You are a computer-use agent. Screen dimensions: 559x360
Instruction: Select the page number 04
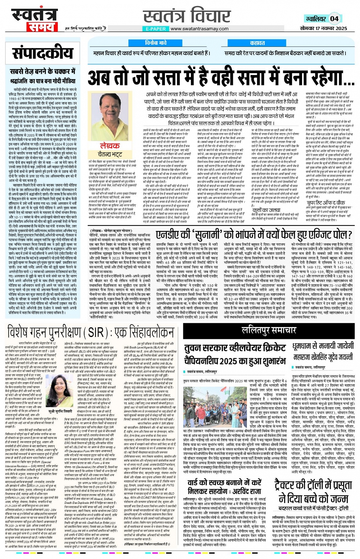(334, 18)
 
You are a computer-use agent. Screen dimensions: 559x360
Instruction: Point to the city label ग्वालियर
(315, 19)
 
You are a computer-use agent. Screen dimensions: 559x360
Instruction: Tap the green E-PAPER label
(156, 29)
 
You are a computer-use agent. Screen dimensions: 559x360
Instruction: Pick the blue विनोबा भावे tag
(156, 43)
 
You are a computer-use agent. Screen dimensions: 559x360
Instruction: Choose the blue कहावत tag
(258, 43)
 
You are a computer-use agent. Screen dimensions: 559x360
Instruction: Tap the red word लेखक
(110, 146)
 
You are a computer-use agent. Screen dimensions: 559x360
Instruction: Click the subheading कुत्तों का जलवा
(267, 209)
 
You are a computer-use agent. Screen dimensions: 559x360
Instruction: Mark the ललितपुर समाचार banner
(269, 331)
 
